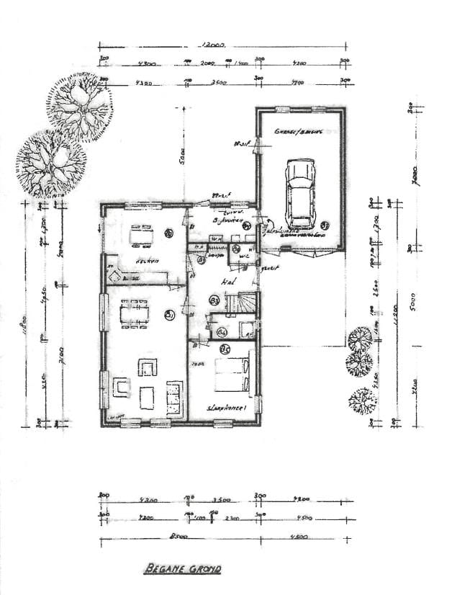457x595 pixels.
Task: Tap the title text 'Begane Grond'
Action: click(182, 569)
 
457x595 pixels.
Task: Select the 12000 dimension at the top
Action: click(213, 44)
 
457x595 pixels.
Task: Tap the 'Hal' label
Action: click(228, 280)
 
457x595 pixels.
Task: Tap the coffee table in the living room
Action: click(146, 397)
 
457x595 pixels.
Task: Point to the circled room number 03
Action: click(214, 299)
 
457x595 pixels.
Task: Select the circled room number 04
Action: click(222, 332)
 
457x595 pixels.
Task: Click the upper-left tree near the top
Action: click(81, 108)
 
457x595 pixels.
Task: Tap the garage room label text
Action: click(297, 132)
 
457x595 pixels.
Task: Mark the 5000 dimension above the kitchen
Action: click(184, 154)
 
